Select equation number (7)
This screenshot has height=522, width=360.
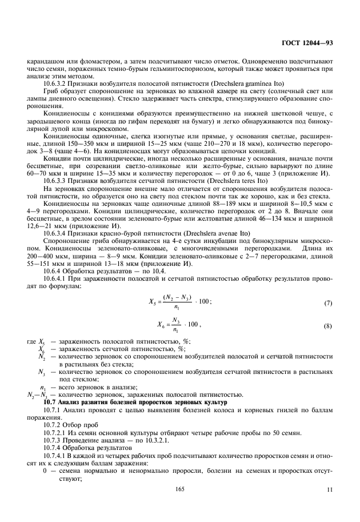pyautogui.click(x=327, y=302)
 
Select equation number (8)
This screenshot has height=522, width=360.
pyautogui.click(x=327, y=327)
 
